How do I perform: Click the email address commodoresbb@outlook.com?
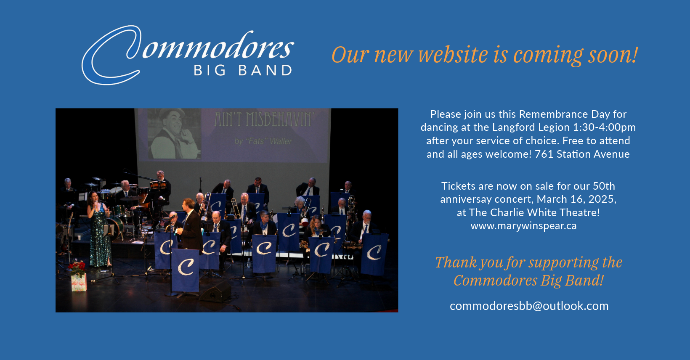pyautogui.click(x=529, y=306)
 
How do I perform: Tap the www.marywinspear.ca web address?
pyautogui.click(x=523, y=226)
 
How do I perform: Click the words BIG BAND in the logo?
pyautogui.click(x=243, y=70)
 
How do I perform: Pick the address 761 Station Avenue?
pyautogui.click(x=582, y=154)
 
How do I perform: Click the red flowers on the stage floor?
pyautogui.click(x=77, y=267)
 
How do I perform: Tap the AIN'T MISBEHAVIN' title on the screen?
pyautogui.click(x=264, y=119)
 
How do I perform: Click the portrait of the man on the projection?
pyautogui.click(x=173, y=134)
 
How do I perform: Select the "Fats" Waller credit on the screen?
pyautogui.click(x=263, y=141)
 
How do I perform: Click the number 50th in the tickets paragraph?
pyautogui.click(x=604, y=186)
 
